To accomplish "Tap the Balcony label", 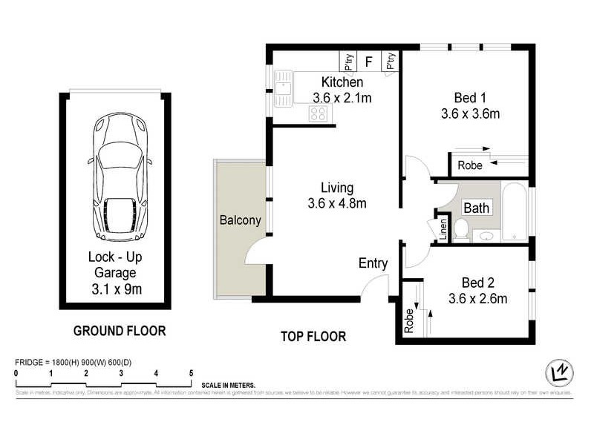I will [240, 220].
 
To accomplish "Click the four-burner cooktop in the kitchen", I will [319, 113].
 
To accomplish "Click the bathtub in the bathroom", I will [513, 213].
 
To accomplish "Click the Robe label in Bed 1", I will [469, 165].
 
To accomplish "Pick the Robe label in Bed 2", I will [408, 318].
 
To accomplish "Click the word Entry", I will [373, 263].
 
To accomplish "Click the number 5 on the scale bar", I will [191, 373].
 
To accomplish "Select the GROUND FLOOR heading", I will [119, 331].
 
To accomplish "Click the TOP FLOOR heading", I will [313, 336].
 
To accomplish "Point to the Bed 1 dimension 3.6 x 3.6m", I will [470, 114].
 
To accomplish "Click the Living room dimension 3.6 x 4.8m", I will [336, 203].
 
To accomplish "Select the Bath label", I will [476, 208].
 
